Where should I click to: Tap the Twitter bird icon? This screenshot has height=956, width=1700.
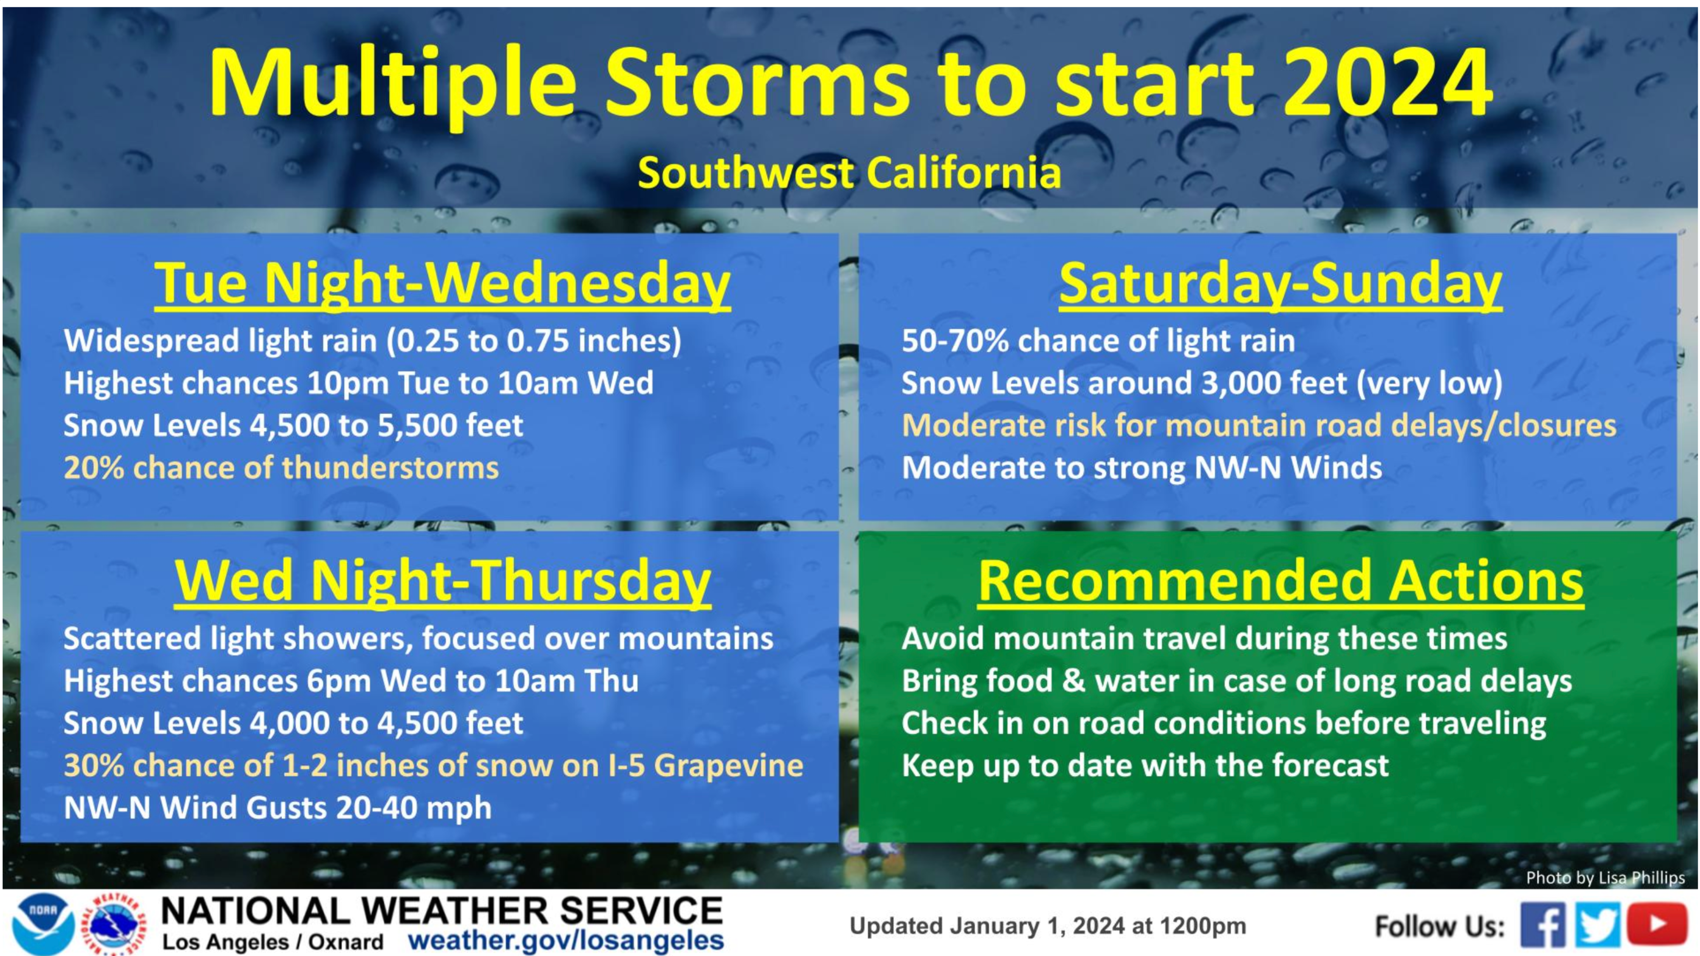1598,925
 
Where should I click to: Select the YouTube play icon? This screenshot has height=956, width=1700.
1657,924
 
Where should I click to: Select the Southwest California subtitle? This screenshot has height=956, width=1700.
849,173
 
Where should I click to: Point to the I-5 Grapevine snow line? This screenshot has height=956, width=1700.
433,765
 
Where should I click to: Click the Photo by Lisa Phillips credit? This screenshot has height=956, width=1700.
1605,877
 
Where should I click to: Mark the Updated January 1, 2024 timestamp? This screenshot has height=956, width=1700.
1047,926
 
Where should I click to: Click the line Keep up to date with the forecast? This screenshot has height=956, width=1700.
1145,765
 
